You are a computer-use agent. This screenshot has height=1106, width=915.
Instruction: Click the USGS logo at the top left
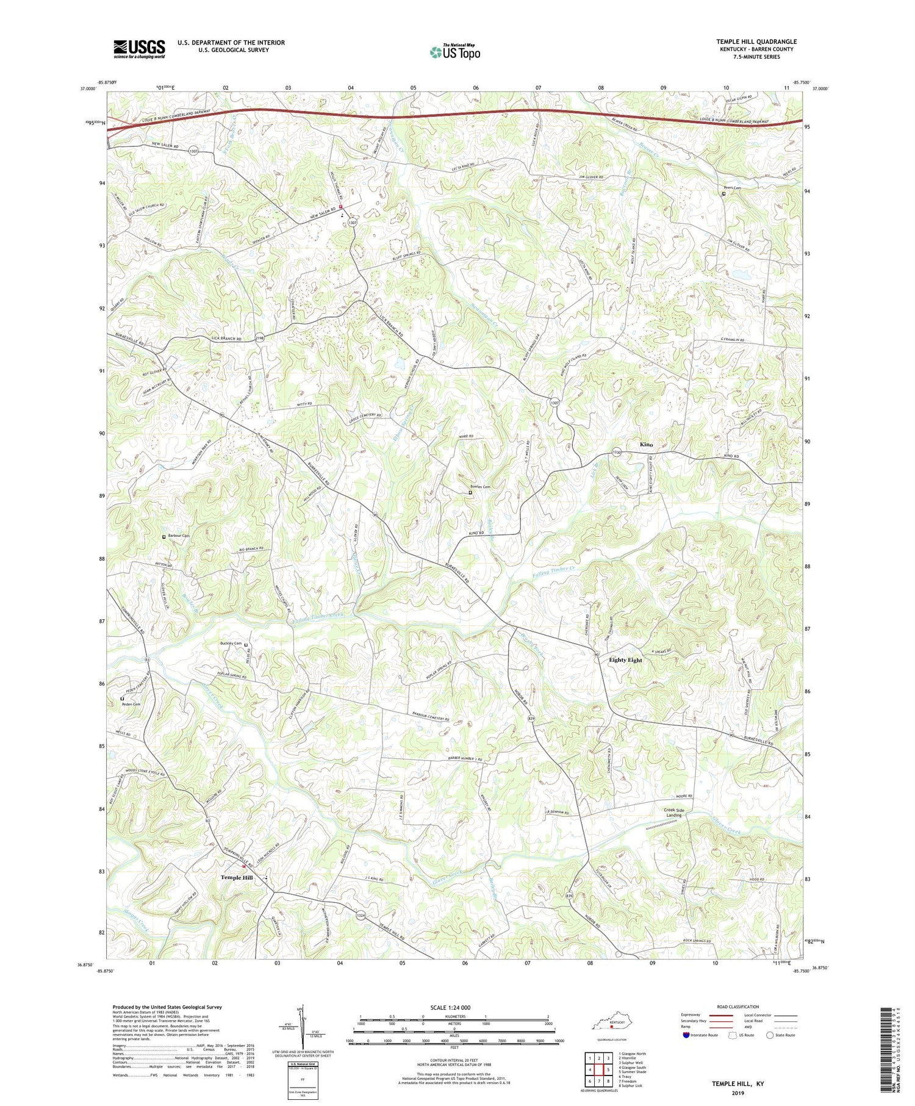pyautogui.click(x=139, y=49)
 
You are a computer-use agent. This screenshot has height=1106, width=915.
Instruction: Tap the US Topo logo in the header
pyautogui.click(x=454, y=52)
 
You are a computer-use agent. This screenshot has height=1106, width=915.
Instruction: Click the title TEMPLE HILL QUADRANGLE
pyautogui.click(x=756, y=41)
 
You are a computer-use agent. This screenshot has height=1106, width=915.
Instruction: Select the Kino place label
pyautogui.click(x=646, y=445)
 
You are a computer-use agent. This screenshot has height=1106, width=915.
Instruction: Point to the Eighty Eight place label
pyautogui.click(x=625, y=660)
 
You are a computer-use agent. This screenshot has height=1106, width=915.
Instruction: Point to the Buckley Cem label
pyautogui.click(x=231, y=643)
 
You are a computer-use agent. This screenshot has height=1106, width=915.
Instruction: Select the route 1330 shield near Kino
pyautogui.click(x=617, y=452)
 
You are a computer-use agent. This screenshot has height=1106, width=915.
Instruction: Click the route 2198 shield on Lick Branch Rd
pyautogui.click(x=260, y=339)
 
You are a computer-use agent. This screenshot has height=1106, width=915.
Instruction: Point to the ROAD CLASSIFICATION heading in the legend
pyautogui.click(x=738, y=1007)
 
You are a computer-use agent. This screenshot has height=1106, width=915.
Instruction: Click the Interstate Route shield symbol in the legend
pyautogui.click(x=686, y=1035)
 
